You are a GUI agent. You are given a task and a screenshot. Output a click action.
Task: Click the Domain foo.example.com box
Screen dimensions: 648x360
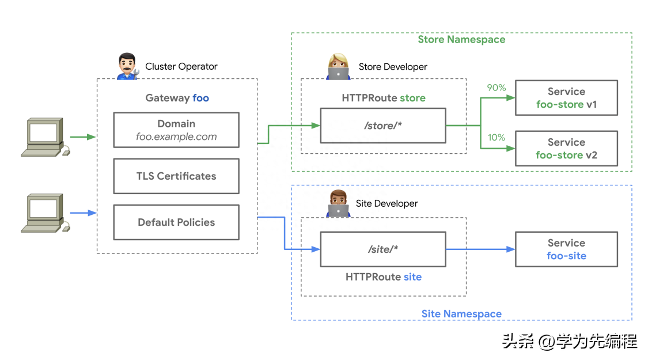pos(176,130)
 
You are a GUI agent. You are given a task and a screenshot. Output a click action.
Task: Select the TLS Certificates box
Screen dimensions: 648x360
pos(176,176)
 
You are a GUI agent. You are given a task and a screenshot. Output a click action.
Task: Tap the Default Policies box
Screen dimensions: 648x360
pos(176,222)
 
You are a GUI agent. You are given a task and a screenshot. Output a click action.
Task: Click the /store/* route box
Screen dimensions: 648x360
pos(383,126)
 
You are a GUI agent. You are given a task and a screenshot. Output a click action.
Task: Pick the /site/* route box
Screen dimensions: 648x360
pos(383,249)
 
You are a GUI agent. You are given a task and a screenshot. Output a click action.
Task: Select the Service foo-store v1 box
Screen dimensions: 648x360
pos(567,98)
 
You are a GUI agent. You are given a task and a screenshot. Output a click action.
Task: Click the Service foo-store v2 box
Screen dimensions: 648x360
pos(567,149)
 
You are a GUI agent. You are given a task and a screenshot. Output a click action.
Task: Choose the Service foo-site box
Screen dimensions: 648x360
pos(567,249)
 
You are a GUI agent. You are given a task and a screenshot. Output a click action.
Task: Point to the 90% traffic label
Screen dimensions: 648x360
pos(497,88)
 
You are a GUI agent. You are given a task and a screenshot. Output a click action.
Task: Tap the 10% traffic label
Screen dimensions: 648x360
pos(497,137)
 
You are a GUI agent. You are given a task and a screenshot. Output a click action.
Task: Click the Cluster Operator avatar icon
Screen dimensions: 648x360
pos(128,66)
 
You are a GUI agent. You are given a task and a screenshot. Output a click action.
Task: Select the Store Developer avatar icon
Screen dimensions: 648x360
pos(339,66)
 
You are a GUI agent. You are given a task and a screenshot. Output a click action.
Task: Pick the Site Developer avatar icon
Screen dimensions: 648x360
pos(339,203)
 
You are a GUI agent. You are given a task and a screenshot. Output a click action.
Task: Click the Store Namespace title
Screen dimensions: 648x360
pos(461,40)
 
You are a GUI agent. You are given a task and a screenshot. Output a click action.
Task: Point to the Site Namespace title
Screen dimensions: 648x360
pos(461,314)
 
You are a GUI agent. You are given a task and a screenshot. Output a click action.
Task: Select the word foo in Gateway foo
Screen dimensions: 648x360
pos(201,98)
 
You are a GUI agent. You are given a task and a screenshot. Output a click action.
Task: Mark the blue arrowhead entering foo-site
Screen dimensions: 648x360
pos(511,249)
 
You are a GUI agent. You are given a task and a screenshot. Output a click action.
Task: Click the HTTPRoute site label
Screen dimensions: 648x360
pos(384,277)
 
